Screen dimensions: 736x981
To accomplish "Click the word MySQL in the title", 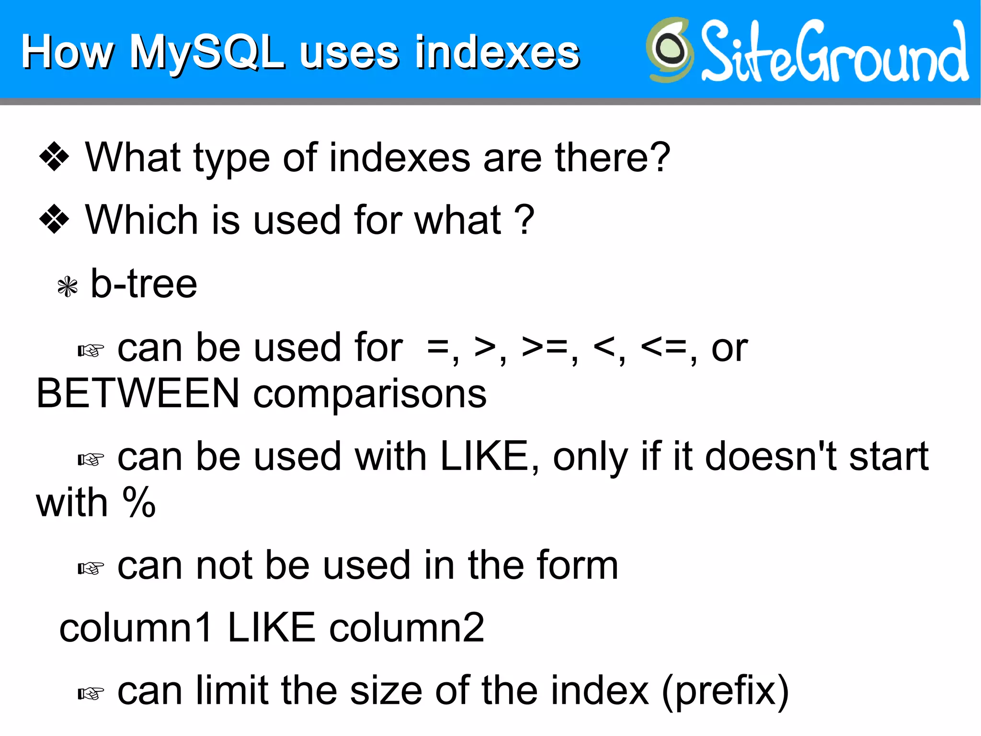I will point(207,53).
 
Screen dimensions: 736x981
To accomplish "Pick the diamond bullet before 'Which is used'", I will point(54,219).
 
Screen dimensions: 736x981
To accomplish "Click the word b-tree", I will point(144,284).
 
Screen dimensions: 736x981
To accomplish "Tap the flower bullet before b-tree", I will point(67,287).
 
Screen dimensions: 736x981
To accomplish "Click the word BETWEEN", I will point(138,394).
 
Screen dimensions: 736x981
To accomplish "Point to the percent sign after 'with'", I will point(139,502).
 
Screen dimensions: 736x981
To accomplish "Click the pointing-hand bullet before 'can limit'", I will point(91,693).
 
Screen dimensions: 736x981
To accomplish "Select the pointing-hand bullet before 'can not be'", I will point(91,569).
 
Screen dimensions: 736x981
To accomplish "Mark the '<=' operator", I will point(664,347).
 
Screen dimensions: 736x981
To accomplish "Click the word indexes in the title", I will point(497,53).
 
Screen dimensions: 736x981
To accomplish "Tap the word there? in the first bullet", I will point(612,157).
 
